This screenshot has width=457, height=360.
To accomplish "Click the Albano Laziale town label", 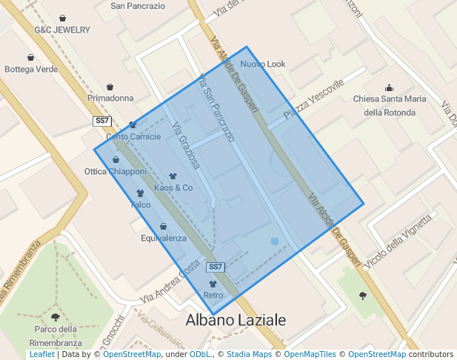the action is point(236,321).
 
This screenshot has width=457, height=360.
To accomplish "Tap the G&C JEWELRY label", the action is point(62,30).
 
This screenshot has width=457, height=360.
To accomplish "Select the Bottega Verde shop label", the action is point(31,70).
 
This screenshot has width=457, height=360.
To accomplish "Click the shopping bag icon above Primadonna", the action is point(110,87).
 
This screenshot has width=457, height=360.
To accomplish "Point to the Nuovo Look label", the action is point(263,64).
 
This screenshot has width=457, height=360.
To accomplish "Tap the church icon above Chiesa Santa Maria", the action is point(390,87).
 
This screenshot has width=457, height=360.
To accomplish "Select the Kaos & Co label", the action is point(173,188).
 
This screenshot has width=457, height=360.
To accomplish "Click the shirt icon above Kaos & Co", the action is point(173,176).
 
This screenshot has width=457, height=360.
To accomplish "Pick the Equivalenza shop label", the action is point(164,239).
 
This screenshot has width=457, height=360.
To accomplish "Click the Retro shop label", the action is point(213,296).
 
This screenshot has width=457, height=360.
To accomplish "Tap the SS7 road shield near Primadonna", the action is point(102,121).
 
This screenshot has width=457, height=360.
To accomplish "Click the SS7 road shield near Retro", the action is point(215,267).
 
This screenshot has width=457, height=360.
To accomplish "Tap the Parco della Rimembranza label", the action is point(56,336).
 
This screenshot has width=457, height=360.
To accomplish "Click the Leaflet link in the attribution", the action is point(41,355).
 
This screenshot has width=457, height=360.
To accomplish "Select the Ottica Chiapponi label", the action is point(116,172).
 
